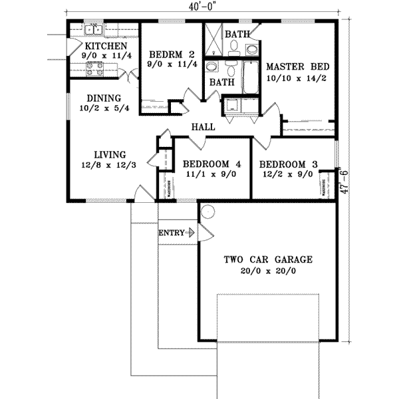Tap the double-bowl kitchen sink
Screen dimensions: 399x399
(94, 29)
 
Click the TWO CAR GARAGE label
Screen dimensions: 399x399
(268, 260)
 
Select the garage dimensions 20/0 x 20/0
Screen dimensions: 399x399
(268, 271)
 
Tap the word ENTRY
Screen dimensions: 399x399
(172, 233)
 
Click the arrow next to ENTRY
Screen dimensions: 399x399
(192, 233)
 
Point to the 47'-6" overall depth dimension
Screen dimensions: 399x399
(343, 180)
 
